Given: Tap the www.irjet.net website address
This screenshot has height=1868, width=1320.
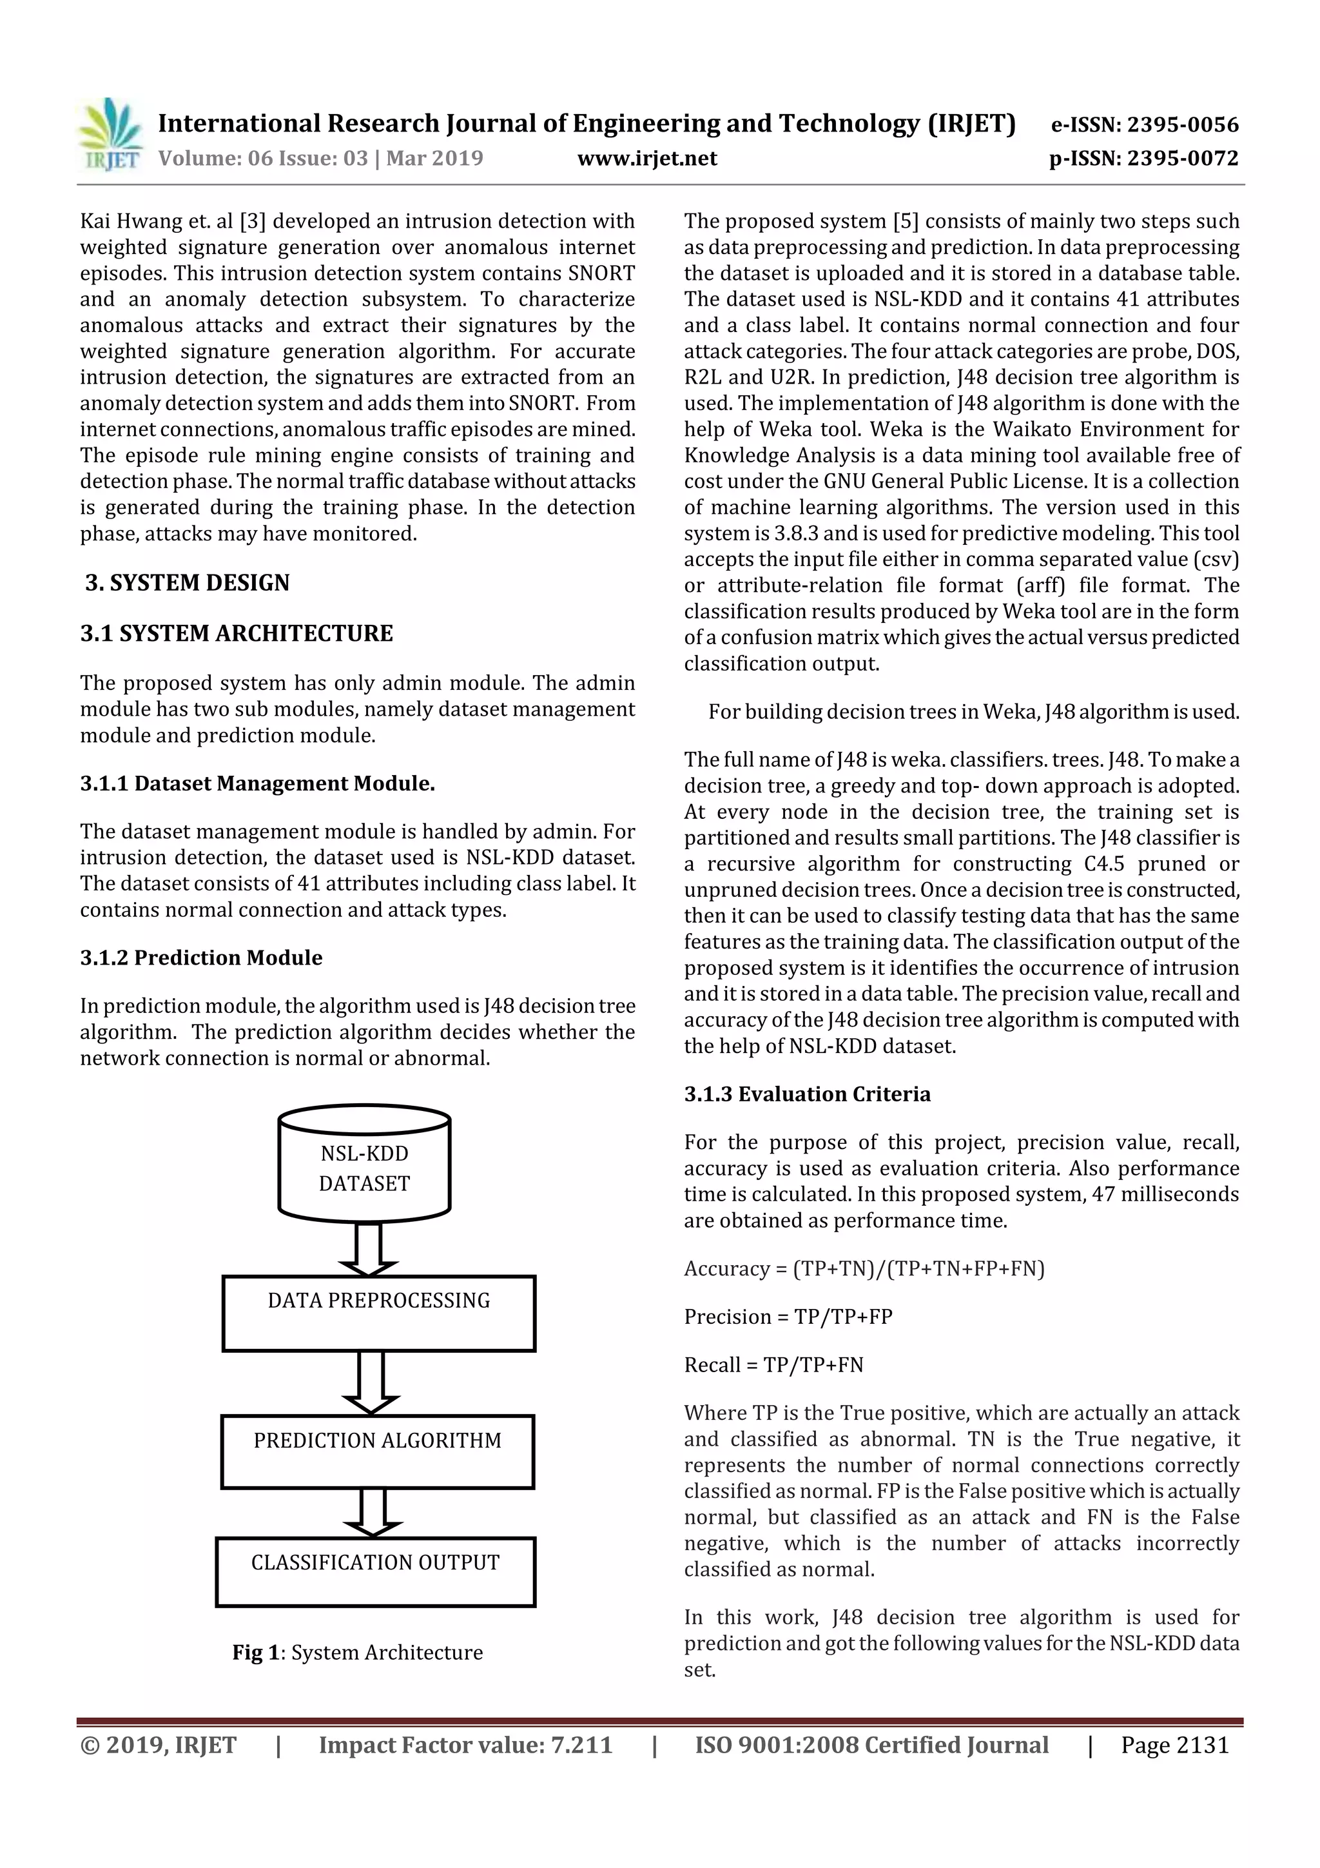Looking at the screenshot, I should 646,159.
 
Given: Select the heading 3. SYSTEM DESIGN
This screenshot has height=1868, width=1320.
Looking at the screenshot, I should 187,582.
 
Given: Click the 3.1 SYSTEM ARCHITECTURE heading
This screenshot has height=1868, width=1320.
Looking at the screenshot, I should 236,633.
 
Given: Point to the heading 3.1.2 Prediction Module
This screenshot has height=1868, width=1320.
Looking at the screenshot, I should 201,958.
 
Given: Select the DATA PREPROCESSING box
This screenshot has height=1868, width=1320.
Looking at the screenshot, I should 379,1312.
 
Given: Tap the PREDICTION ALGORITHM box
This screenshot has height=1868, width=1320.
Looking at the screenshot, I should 378,1452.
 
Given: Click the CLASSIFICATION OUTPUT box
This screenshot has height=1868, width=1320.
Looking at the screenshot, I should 375,1572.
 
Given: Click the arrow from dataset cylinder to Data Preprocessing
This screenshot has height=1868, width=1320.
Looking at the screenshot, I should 367,1249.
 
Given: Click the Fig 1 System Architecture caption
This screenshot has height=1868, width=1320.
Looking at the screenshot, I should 357,1653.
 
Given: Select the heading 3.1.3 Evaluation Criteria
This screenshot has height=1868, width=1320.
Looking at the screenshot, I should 807,1094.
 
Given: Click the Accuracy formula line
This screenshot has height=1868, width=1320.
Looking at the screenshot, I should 864,1268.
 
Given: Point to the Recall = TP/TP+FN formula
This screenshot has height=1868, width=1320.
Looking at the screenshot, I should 773,1364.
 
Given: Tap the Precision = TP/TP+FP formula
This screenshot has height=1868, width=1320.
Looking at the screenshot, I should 787,1317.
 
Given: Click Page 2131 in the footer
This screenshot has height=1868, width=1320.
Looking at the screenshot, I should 1174,1745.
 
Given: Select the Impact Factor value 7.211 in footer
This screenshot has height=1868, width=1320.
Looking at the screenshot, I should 465,1745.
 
